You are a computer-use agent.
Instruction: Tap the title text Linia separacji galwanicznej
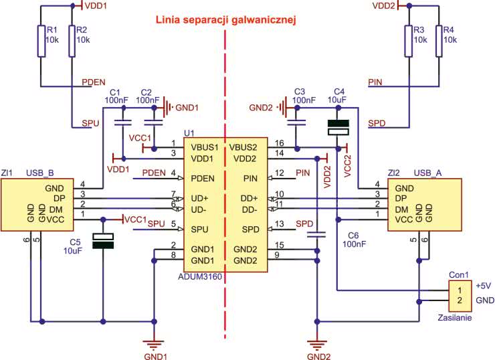[x=225, y=20]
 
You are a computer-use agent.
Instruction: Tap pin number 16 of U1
[x=279, y=143]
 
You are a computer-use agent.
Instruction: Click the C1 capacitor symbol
[x=122, y=122]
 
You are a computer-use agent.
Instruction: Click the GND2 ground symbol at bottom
[x=315, y=344]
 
